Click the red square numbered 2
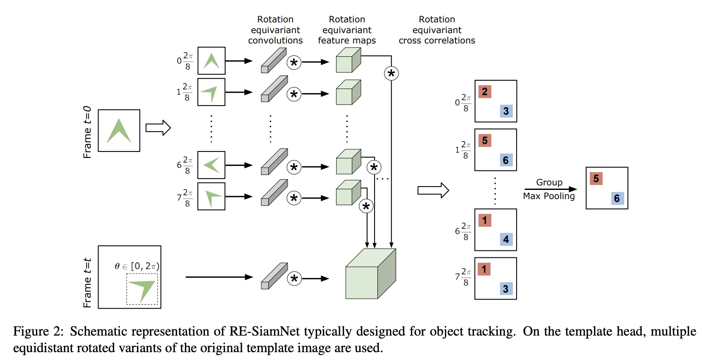(485, 91)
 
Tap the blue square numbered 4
(506, 239)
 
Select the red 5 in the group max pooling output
(596, 178)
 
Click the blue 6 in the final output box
(617, 198)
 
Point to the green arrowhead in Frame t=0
(119, 131)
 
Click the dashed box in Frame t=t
(142, 289)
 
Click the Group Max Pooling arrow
(550, 189)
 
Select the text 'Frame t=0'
(87, 132)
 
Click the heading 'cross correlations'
(437, 41)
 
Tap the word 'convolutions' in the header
(275, 41)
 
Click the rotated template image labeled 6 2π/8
(211, 165)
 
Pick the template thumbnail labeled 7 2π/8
(211, 197)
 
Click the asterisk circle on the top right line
(391, 74)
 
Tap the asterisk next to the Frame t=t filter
(294, 278)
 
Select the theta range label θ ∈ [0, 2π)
(137, 266)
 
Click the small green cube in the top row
(348, 60)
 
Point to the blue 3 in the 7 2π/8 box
(506, 288)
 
